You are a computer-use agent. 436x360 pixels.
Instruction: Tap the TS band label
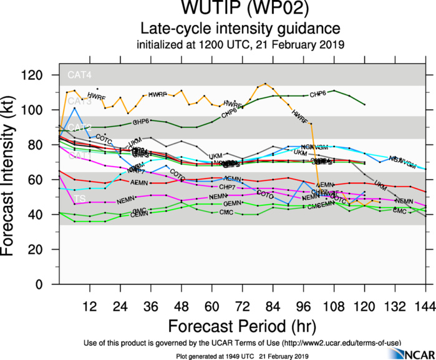pyautogui.click(x=80, y=199)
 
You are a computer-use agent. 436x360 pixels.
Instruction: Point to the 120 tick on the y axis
pyautogui.click(x=41, y=75)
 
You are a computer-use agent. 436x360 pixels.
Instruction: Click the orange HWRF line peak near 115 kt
pyautogui.click(x=266, y=84)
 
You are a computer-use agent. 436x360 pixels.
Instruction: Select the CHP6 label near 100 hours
pyautogui.click(x=317, y=94)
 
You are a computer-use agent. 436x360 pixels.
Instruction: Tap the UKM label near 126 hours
pyautogui.click(x=380, y=184)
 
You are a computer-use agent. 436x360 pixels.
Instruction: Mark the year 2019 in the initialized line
pyautogui.click(x=331, y=46)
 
